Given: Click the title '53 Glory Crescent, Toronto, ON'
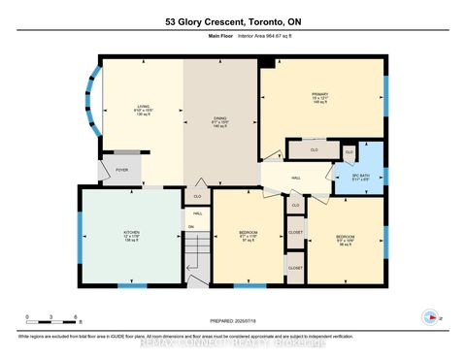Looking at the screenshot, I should pyautogui.click(x=232, y=20).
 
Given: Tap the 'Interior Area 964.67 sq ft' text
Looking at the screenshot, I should pyautogui.click(x=262, y=38).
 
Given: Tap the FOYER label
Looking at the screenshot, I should pyautogui.click(x=121, y=170).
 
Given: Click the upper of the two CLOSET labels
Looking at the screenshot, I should pyautogui.click(x=295, y=233).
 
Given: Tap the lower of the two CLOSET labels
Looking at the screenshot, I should pyautogui.click(x=295, y=267).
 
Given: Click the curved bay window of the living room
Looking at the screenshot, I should pyautogui.click(x=90, y=103).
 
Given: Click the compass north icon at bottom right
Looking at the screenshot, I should pyautogui.click(x=426, y=316).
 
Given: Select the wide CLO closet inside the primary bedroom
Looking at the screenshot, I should pyautogui.click(x=314, y=150).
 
